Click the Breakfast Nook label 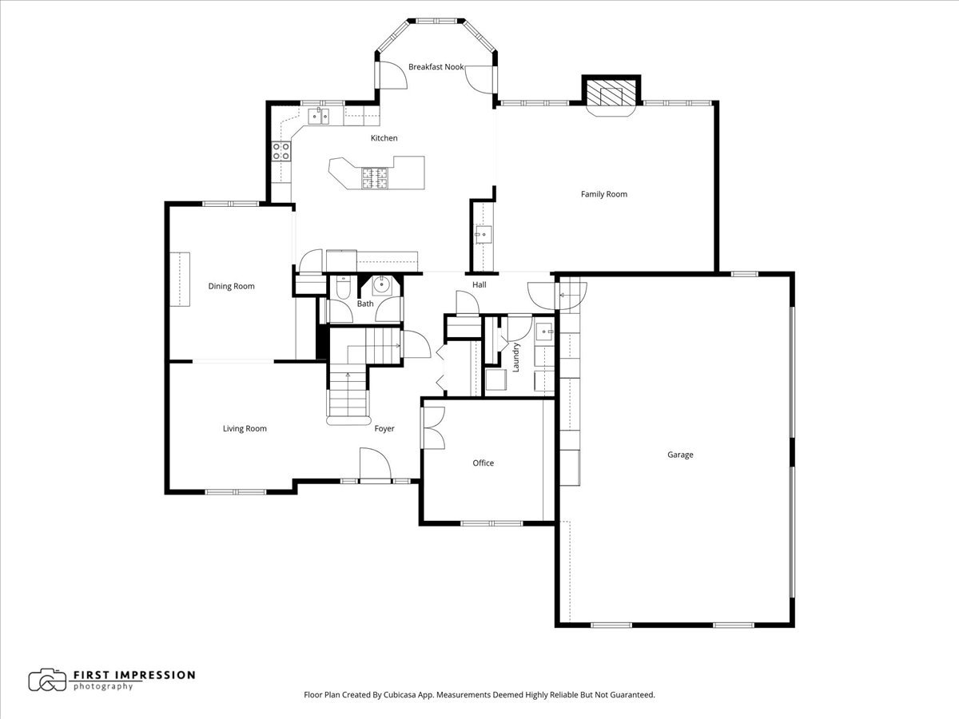point(436,67)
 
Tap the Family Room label point(603,194)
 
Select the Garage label point(680,455)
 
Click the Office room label point(483,463)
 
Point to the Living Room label point(245,429)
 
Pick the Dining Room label point(231,286)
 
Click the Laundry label point(516,356)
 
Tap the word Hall point(479,284)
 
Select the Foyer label point(384,429)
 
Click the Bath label point(364,304)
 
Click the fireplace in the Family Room point(611,93)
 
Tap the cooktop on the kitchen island point(375,177)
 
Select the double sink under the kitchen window point(320,117)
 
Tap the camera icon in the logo point(47,680)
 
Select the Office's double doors point(433,428)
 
